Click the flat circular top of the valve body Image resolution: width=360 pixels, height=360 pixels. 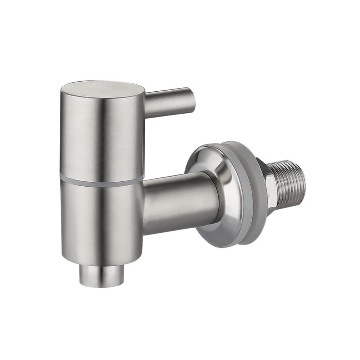click(102, 87)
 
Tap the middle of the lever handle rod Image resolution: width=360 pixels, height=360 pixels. click(169, 102)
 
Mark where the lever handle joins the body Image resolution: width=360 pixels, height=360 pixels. click(147, 105)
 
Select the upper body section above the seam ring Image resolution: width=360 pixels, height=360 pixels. click(101, 137)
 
